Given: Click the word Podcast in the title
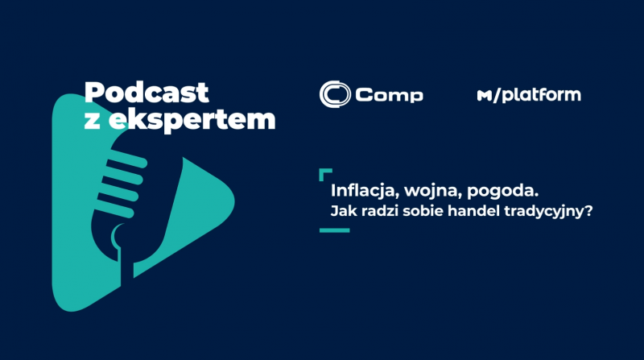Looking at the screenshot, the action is click(x=147, y=92).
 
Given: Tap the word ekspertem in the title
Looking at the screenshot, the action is click(x=192, y=119).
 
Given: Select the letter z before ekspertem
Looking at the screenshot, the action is click(x=92, y=122).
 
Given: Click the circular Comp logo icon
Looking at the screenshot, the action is click(x=335, y=94).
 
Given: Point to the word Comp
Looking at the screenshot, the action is click(x=389, y=95).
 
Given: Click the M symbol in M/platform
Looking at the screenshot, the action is click(x=485, y=96).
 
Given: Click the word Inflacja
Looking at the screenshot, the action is click(x=365, y=191).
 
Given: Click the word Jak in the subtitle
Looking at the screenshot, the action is click(x=340, y=211).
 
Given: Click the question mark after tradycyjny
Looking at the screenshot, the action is click(x=588, y=211).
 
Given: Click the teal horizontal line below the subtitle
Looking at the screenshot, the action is click(x=334, y=230).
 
